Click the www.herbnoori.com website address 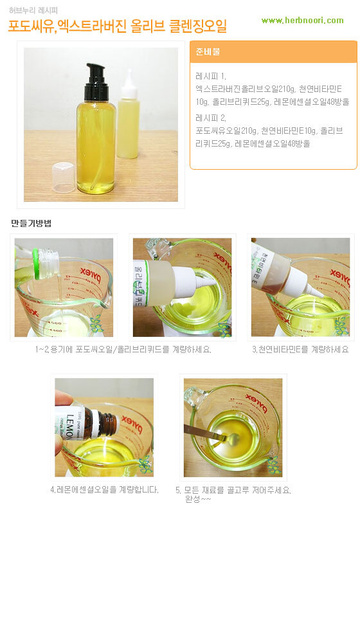click(303, 20)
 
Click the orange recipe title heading click(118, 26)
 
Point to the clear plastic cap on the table click(64, 177)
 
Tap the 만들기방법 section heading click(31, 224)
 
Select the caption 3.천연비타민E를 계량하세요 click(300, 349)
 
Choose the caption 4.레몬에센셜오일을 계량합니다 click(104, 489)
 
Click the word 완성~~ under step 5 click(198, 500)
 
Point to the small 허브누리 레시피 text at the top click(33, 10)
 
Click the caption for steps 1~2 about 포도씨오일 click(123, 349)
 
